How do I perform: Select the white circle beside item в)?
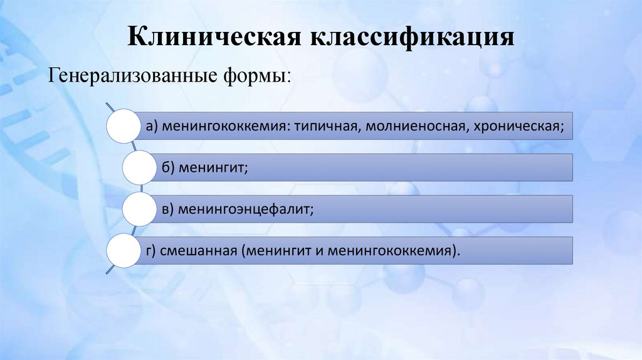point(139,208)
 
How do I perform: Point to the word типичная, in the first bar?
point(327,127)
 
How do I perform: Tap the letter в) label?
point(167,209)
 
